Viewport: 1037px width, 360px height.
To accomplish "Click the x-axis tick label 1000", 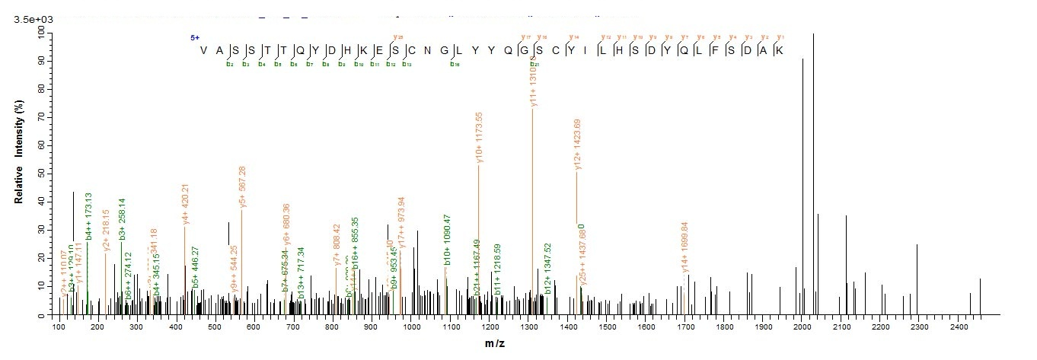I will click(x=411, y=327).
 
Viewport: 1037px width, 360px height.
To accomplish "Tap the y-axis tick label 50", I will click(x=40, y=174).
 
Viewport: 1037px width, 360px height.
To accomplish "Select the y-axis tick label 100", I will click(x=37, y=31).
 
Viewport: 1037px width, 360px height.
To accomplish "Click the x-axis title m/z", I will click(x=495, y=345).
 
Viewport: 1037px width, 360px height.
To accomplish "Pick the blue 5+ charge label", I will click(x=195, y=37).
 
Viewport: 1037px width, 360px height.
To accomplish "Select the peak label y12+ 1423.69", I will click(x=578, y=145).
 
